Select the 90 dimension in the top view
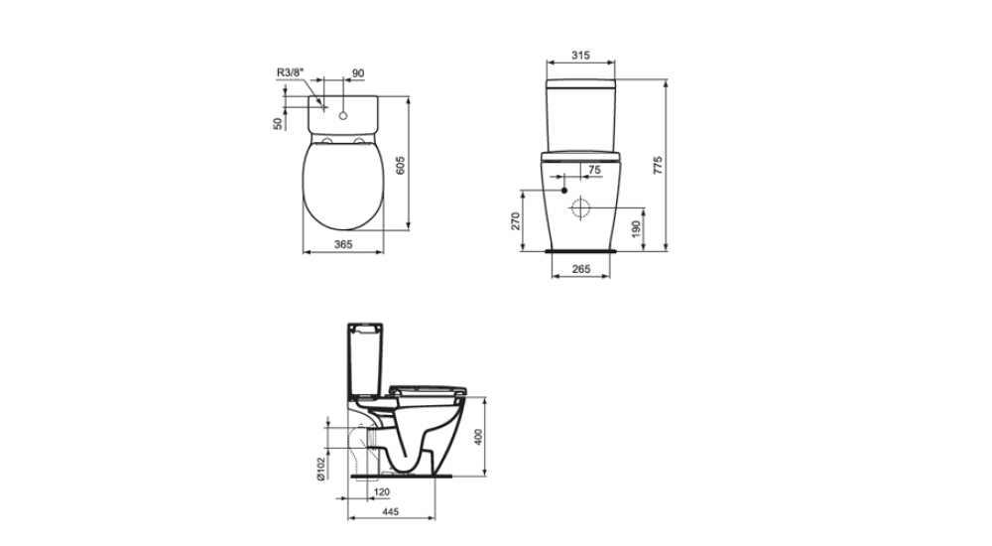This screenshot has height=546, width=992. [358, 72]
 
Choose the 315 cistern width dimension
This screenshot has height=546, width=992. [583, 57]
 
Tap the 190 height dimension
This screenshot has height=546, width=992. [636, 229]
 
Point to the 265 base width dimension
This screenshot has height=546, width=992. [582, 269]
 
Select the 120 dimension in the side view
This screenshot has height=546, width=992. [381, 491]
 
